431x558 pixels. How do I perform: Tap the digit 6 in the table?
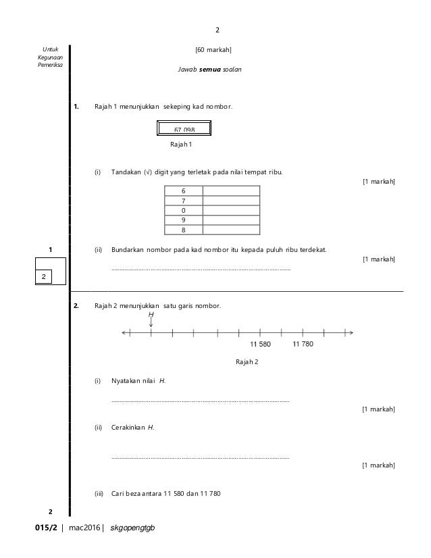(x=184, y=191)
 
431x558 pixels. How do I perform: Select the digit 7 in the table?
(x=184, y=201)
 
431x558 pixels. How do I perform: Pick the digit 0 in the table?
(x=184, y=210)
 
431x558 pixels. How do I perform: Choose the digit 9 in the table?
(x=184, y=220)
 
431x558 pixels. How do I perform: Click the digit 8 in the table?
(x=184, y=229)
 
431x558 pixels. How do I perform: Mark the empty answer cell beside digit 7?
(x=230, y=201)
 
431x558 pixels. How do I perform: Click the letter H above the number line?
(x=151, y=315)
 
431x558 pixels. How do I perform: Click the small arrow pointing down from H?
(x=151, y=324)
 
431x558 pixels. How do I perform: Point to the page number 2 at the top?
(x=218, y=30)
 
